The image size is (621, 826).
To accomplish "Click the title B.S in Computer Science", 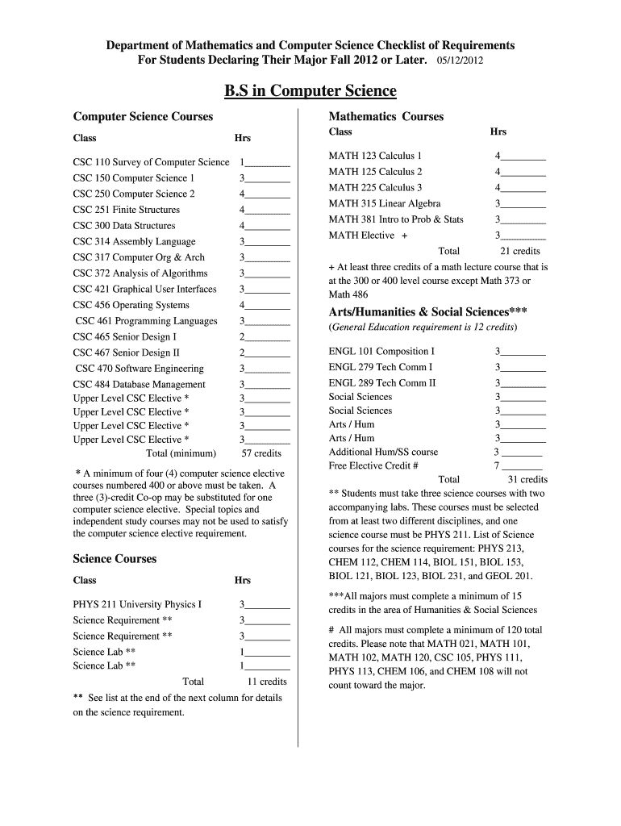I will (x=310, y=90).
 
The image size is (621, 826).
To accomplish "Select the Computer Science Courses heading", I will (x=143, y=117).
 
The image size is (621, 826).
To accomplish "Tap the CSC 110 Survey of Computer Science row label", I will (x=151, y=162).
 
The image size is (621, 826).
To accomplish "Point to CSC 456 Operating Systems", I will (x=131, y=305).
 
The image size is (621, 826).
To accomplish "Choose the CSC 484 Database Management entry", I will (x=139, y=385).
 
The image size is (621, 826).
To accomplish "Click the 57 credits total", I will (x=261, y=453).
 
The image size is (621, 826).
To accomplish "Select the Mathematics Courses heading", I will (x=386, y=117).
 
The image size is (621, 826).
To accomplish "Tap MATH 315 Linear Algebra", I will (x=384, y=203).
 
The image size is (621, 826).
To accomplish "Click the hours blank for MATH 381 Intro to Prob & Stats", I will (x=523, y=219).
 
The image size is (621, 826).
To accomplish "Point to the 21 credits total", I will (x=520, y=251).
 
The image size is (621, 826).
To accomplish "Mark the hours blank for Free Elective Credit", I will (x=523, y=465).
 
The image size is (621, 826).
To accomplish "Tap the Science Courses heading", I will (x=115, y=559).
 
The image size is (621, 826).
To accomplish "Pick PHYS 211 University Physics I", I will (x=137, y=604).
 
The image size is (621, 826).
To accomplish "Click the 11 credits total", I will (x=266, y=682).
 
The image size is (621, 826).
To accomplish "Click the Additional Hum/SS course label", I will (x=383, y=452).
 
